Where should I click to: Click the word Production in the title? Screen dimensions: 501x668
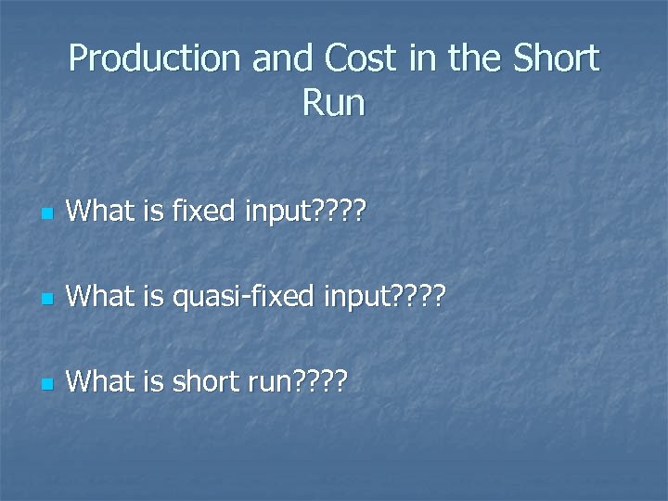(153, 60)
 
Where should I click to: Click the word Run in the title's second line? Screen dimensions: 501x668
(333, 102)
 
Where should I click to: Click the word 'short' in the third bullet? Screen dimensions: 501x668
(206, 380)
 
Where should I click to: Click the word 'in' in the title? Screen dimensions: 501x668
(423, 60)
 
